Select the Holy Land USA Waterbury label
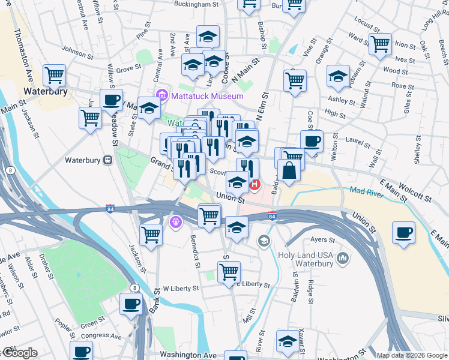pos(306,260)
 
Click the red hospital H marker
pos(255,184)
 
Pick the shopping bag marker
pos(289,170)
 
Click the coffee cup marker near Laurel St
pos(312,142)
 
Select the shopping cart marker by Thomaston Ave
pos(54,75)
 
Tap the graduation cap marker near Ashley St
pos(339,76)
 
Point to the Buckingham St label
pos(196,4)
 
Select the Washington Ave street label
pos(188,355)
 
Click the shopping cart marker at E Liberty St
pos(229,272)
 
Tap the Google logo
pos(20,353)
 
